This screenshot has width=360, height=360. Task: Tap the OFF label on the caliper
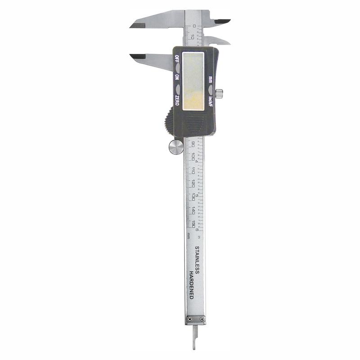[177, 59]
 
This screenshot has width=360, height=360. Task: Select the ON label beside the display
[177, 78]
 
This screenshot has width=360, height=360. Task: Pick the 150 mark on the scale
[193, 224]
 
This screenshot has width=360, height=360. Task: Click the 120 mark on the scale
[193, 184]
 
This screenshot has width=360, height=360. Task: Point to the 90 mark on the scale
[193, 144]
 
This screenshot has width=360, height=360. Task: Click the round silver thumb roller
[176, 147]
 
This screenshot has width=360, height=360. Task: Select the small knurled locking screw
[219, 94]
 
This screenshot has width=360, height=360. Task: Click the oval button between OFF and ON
[177, 68]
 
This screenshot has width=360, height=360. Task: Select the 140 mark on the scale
[193, 210]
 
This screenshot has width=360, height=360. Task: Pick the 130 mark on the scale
[193, 197]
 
